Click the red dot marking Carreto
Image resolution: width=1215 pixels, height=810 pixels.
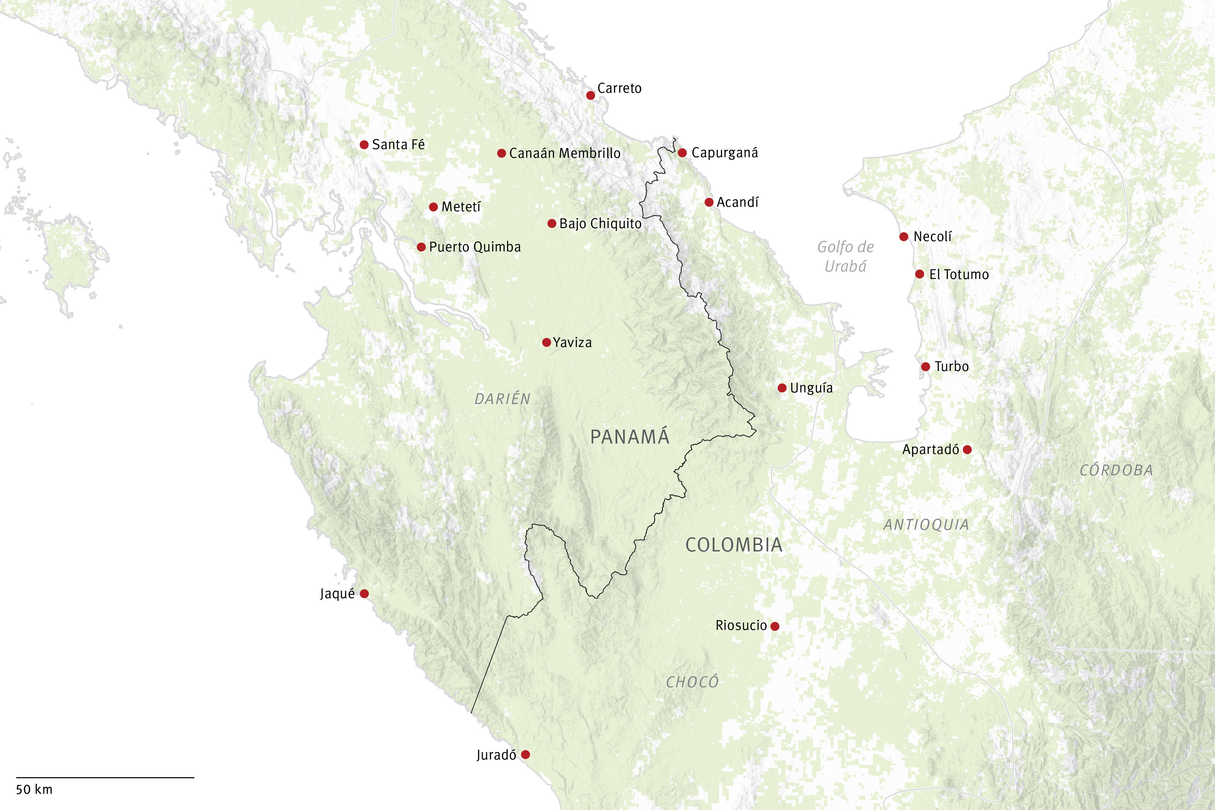tap(590, 96)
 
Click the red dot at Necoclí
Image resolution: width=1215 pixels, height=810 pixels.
tap(904, 237)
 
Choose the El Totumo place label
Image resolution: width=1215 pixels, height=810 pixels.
tap(958, 274)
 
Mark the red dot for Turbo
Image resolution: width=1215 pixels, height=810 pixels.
tap(926, 367)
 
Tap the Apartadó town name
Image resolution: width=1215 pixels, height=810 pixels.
tap(930, 449)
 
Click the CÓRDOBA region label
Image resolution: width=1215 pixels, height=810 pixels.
tap(1116, 470)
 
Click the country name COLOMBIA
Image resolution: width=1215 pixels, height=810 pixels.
tap(734, 545)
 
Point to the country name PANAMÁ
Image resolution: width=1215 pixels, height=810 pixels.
tap(630, 437)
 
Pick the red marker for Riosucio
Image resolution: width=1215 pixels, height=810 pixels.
tap(775, 626)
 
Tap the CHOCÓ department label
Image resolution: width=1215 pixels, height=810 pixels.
tap(692, 682)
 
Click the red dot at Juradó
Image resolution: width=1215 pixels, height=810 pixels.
tap(525, 755)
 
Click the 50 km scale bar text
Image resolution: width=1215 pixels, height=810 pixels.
tap(34, 789)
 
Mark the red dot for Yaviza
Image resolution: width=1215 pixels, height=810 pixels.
tap(547, 342)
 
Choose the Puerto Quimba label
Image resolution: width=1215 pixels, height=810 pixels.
tap(474, 247)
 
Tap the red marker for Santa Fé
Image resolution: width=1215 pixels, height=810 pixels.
tap(364, 145)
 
